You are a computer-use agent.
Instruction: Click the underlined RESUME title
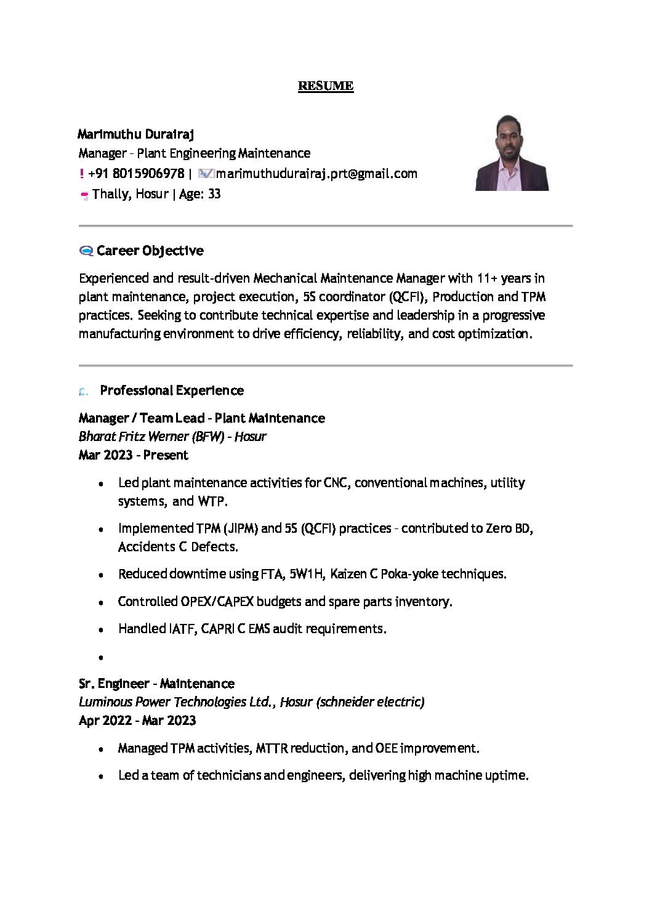click(x=325, y=86)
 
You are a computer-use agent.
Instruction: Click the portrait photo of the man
click(x=512, y=153)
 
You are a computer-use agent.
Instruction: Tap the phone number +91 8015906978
click(x=136, y=174)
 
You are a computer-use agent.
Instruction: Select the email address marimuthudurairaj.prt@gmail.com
click(x=316, y=174)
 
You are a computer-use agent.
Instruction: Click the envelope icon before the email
click(x=206, y=174)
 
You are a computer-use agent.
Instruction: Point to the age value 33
click(x=214, y=194)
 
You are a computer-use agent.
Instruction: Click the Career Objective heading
click(x=150, y=251)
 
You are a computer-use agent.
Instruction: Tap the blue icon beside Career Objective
click(x=86, y=251)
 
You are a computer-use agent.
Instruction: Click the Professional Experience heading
click(x=172, y=390)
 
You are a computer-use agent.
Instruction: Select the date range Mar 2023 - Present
click(x=133, y=455)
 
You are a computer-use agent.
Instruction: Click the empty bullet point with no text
click(x=100, y=657)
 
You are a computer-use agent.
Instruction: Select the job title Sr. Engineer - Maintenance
click(x=156, y=684)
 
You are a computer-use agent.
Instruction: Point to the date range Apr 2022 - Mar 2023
click(x=137, y=721)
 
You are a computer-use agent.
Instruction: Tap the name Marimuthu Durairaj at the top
click(x=135, y=134)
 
